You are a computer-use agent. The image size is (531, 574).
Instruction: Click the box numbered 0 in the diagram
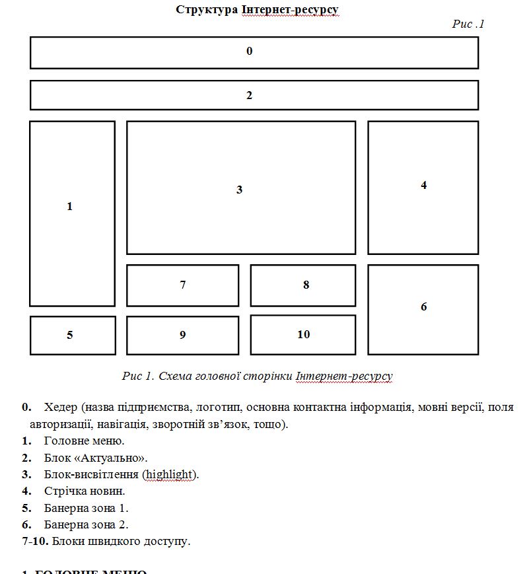click(254, 52)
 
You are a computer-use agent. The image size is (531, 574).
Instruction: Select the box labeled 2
click(254, 95)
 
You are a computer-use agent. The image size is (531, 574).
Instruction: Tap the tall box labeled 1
click(73, 213)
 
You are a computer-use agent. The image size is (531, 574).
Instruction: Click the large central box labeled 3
click(241, 188)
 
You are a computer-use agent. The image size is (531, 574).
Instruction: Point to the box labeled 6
click(423, 309)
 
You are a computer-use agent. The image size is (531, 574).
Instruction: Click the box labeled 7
click(182, 285)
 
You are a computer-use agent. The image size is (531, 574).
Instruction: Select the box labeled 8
click(303, 285)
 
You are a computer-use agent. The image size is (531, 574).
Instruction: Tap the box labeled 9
click(182, 335)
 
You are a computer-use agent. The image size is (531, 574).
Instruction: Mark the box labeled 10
click(303, 334)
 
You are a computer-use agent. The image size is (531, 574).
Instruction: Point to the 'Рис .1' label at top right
click(468, 24)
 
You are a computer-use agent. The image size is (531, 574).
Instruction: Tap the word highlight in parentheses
click(171, 474)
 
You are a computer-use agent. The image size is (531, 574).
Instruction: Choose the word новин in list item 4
click(110, 491)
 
